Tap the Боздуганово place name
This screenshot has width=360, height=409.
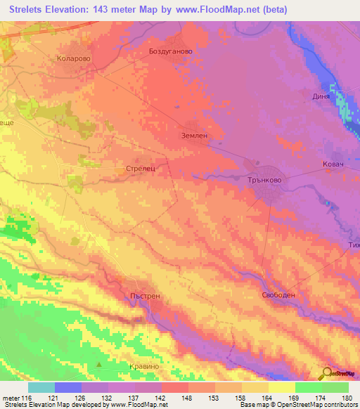point(171,51)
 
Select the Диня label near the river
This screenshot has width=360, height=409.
point(321,96)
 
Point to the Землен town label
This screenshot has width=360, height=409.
point(195,137)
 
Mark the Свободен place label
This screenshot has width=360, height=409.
point(278,294)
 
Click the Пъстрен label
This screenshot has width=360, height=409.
point(146,296)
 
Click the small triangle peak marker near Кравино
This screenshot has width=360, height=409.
point(99,364)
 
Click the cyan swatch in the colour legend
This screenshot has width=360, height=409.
point(41,387)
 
